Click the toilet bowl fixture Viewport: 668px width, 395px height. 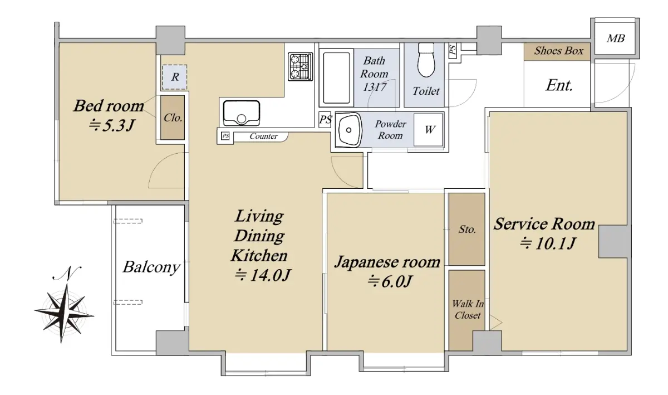(426, 60)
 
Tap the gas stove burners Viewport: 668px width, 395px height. (300, 67)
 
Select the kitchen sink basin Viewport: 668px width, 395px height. (242, 113)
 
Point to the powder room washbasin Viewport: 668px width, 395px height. (348, 130)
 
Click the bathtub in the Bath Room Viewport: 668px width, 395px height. (336, 78)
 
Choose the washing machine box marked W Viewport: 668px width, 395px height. (428, 130)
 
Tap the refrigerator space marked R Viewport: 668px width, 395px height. (174, 77)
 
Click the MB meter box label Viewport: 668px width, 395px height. (616, 38)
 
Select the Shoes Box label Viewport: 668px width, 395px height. (558, 51)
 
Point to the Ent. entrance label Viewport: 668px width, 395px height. (559, 85)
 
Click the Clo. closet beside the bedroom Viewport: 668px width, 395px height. (173, 118)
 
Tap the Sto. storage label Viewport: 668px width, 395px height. (467, 230)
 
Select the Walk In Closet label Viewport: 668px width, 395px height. (468, 310)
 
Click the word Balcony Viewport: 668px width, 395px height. (151, 267)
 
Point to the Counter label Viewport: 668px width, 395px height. (264, 136)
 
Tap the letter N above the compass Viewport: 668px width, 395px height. (67, 273)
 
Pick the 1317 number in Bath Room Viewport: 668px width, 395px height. (375, 87)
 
